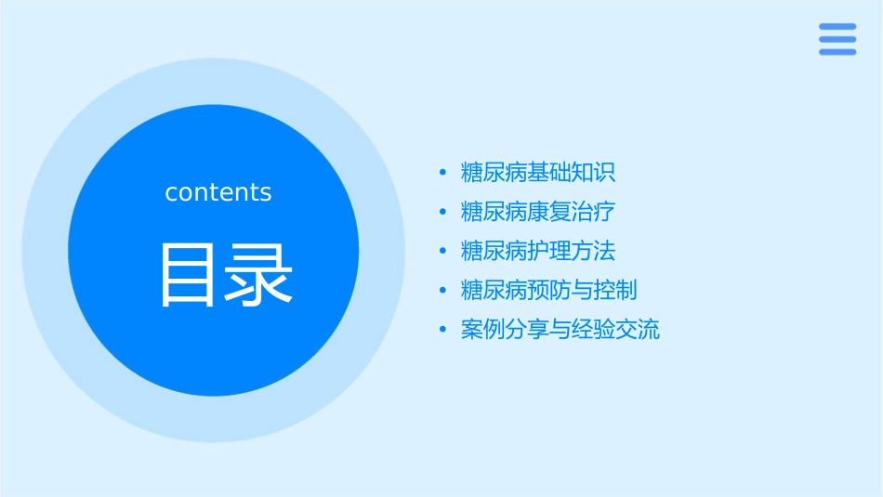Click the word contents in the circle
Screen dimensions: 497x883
point(218,192)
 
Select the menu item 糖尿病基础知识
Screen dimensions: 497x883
point(538,173)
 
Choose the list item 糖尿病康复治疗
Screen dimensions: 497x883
point(538,212)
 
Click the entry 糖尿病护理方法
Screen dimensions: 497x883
point(538,251)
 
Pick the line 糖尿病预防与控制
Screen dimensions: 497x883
point(549,291)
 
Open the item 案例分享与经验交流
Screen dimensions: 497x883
point(560,330)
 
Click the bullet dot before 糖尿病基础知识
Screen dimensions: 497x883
point(442,173)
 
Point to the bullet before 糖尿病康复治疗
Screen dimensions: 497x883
point(442,212)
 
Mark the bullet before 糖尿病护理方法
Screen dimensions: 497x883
point(442,252)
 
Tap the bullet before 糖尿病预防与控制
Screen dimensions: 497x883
point(442,291)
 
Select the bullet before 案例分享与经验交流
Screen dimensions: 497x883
point(442,330)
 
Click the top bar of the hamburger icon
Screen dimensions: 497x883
point(837,26)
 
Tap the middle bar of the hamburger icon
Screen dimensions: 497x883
point(837,39)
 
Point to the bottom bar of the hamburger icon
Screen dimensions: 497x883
point(837,52)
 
